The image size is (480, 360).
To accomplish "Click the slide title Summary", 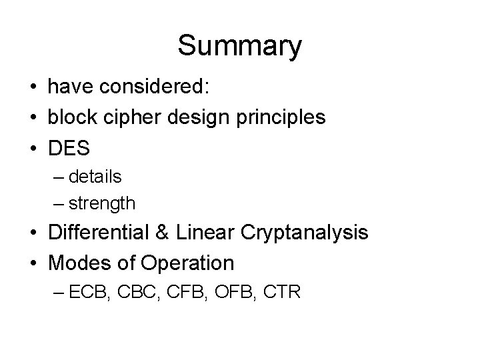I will point(239,46).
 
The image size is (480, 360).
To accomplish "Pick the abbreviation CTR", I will point(287,291).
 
